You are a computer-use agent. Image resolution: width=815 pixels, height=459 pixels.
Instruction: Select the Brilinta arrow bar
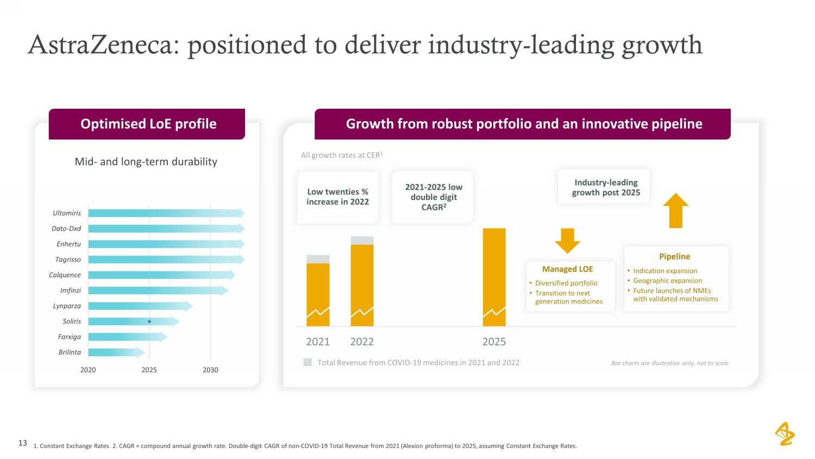point(116,352)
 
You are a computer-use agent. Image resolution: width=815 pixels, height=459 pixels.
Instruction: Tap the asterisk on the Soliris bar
point(149,322)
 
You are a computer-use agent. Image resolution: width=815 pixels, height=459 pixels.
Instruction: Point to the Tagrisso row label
point(68,259)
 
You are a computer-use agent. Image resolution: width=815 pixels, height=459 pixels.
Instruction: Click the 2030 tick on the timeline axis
point(210,370)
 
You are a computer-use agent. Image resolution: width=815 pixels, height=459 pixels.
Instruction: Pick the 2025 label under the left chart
point(149,370)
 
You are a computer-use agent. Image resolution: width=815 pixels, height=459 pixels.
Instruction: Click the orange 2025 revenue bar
point(494,272)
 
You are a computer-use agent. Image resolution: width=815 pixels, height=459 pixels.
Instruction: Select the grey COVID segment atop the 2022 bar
point(362,240)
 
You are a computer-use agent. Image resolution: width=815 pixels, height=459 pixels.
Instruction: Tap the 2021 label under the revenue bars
point(318,342)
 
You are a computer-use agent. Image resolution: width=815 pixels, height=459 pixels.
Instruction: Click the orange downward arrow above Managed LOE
point(567,240)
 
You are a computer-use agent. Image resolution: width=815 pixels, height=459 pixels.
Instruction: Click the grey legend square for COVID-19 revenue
point(308,362)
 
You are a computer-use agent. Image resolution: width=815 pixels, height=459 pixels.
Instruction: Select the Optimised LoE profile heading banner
point(147,124)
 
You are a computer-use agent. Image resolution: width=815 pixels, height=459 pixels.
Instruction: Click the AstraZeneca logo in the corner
point(785,433)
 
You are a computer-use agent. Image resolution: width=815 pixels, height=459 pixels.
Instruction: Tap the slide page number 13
point(23,443)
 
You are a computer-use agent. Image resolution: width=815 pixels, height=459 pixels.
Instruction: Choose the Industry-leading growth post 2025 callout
point(605,188)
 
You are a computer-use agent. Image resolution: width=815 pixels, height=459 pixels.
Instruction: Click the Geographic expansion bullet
point(667,281)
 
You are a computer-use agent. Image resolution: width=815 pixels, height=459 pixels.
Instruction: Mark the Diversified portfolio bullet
point(566,283)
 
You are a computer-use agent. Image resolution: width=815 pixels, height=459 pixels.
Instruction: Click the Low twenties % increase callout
point(337,197)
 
